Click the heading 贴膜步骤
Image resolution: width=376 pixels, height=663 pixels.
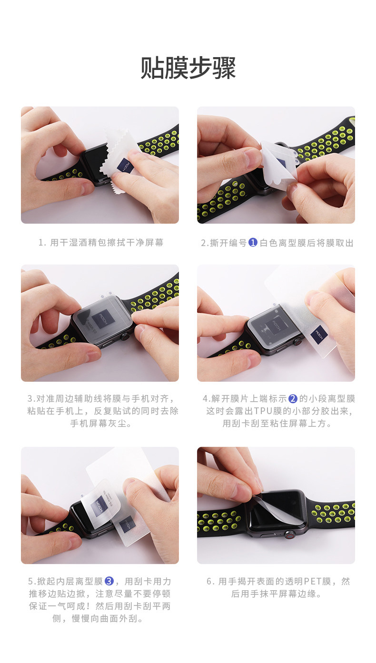[x=188, y=68]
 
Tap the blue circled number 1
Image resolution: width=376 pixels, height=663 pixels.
[x=253, y=243]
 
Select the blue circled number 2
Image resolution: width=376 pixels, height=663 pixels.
[x=293, y=399]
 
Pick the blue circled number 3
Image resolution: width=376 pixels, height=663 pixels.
[x=109, y=581]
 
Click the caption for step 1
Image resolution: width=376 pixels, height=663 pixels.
[x=101, y=243]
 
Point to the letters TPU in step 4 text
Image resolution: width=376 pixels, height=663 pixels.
[x=263, y=411]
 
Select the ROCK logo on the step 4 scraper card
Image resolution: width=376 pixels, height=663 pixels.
[x=319, y=335]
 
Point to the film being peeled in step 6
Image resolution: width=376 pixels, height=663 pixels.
[x=268, y=505]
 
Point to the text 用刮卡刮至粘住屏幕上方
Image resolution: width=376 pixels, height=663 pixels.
[x=277, y=424]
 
